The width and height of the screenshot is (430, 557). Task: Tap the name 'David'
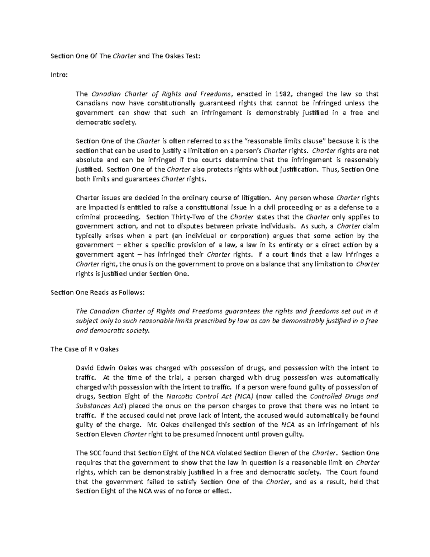pos(84,368)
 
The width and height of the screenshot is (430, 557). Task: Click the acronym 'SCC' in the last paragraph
pos(95,453)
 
